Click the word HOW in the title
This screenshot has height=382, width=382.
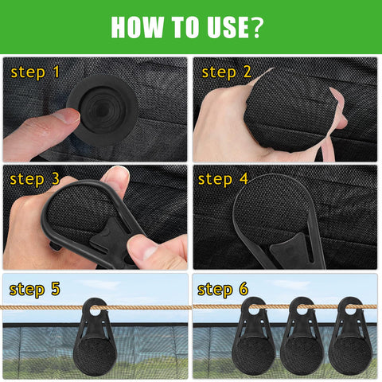(138, 27)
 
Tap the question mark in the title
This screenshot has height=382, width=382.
(255, 27)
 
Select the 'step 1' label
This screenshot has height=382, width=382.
(35, 72)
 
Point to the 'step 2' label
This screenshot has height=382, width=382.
(226, 72)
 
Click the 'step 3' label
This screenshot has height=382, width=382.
(35, 180)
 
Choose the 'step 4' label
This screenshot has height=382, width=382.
(223, 180)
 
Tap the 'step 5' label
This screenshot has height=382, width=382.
(35, 290)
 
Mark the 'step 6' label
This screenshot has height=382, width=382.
(223, 290)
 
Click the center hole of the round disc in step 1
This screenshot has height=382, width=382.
(102, 109)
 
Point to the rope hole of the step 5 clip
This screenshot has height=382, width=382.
(95, 310)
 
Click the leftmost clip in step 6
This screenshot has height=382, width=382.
(253, 337)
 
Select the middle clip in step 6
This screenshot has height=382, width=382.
(302, 337)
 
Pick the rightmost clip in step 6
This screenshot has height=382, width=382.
(350, 337)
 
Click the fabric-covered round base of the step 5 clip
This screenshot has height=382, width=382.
(95, 356)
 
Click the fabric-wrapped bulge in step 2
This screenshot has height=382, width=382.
(290, 111)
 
